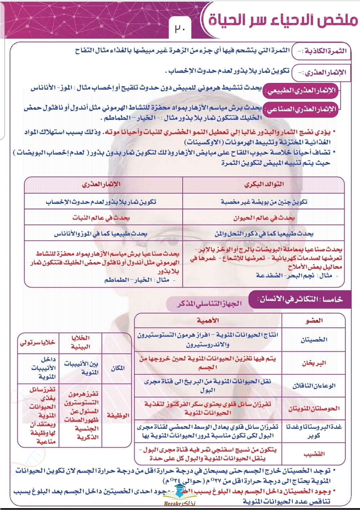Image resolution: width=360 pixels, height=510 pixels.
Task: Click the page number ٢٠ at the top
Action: (180, 29)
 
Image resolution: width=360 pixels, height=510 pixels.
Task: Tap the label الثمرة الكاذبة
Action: (322, 51)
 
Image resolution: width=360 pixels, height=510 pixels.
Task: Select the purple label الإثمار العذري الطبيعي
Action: (301, 91)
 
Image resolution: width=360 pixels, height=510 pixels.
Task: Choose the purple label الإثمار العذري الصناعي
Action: (301, 109)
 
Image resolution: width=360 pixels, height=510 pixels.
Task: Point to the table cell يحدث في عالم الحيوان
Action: (264, 218)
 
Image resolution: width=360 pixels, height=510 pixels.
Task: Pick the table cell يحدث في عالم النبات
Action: (101, 218)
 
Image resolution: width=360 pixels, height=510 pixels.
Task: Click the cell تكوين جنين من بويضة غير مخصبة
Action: (264, 202)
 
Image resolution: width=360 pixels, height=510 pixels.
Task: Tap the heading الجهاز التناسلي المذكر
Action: (209, 304)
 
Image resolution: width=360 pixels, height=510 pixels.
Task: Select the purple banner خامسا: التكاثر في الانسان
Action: (300, 299)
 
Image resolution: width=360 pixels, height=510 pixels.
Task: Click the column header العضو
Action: (314, 320)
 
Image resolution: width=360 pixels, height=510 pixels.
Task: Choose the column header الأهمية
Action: (208, 320)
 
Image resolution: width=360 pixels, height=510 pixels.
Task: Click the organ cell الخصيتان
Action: (314, 340)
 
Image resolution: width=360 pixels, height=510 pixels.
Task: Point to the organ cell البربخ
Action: (314, 363)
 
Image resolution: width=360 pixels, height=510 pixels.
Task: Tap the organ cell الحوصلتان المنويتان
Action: (314, 408)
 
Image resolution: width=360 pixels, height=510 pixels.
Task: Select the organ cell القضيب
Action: (314, 454)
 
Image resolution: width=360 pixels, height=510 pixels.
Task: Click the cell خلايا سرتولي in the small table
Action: (37, 342)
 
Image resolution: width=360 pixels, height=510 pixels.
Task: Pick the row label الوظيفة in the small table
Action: (118, 415)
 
